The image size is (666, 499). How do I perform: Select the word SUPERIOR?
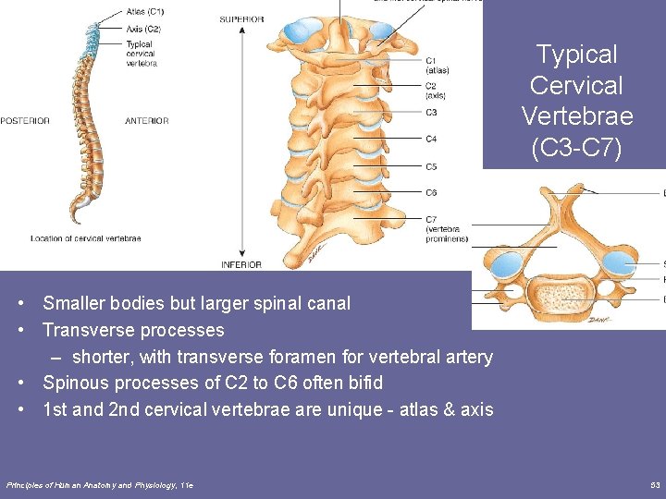240,19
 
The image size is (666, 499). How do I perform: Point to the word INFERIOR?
240,264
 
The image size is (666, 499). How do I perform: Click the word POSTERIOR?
24,121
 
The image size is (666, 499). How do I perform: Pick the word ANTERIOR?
147,121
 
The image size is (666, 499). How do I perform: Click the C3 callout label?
431,113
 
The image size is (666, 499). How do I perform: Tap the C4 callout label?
431,140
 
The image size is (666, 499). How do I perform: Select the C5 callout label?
431,166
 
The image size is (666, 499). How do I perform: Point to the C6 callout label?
431,192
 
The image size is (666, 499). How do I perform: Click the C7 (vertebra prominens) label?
446,228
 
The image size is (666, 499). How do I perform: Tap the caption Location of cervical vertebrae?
85,238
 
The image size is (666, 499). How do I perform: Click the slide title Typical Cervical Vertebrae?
576,101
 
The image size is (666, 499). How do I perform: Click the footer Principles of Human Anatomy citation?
100,485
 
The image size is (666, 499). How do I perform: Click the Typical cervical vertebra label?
141,54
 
